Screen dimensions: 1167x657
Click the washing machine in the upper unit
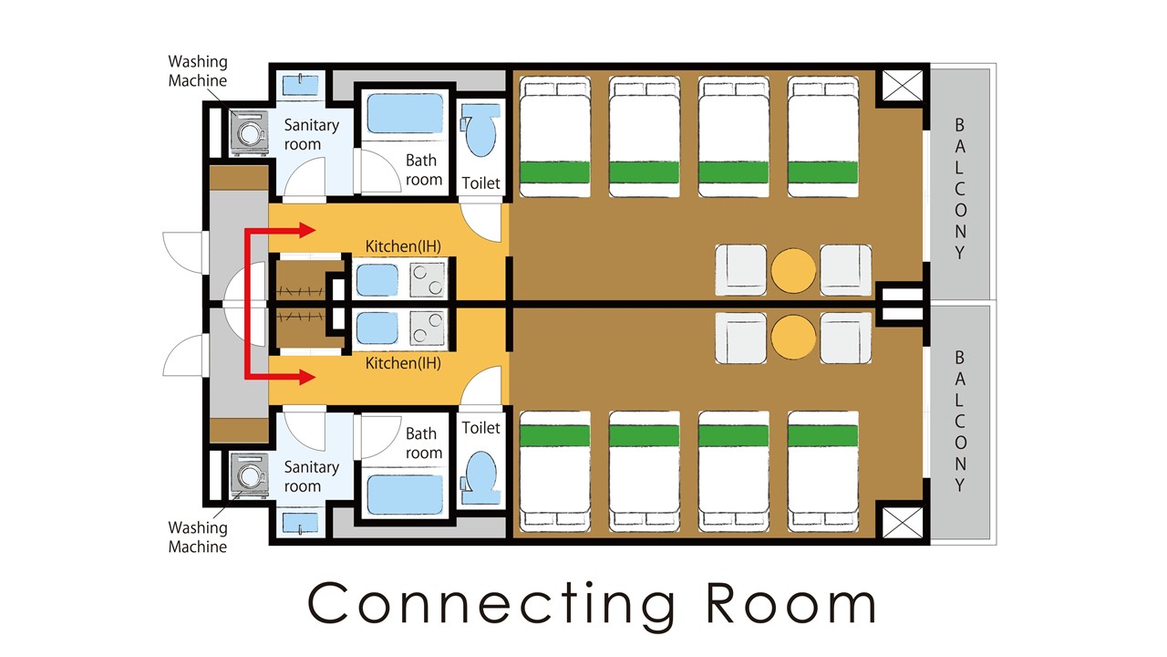tap(250, 133)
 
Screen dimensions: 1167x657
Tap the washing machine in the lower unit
tap(250, 476)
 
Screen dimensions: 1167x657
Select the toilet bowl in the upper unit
tap(480, 130)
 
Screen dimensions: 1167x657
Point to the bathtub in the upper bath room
tap(405, 113)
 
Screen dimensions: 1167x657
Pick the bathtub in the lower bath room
tap(405, 495)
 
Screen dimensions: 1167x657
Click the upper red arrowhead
tap(307, 230)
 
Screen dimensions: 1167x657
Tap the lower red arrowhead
tap(307, 377)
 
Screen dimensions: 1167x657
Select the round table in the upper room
tap(793, 270)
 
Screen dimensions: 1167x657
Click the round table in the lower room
tap(793, 337)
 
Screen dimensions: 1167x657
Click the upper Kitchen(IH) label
tap(403, 246)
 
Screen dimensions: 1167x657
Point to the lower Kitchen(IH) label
tap(403, 363)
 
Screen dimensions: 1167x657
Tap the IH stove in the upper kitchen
tap(428, 280)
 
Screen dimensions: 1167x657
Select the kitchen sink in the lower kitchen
tap(377, 329)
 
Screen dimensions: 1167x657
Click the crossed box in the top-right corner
tap(903, 86)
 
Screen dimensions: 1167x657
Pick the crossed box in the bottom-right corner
tap(903, 523)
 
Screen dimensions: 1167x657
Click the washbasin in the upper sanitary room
tap(300, 85)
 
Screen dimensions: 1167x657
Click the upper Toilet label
tap(480, 183)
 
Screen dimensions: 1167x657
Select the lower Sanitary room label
tap(311, 476)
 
